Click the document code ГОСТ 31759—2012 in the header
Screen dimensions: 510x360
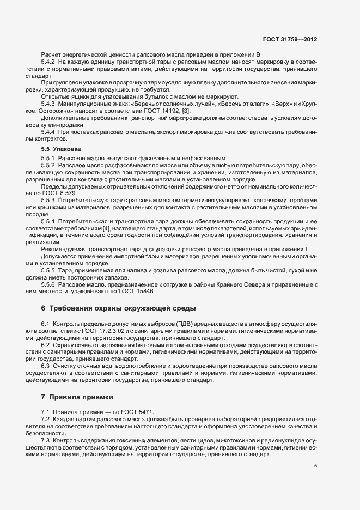tap(290, 40)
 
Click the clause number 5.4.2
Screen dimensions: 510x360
tap(50, 63)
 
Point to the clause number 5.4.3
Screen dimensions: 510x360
tap(50, 104)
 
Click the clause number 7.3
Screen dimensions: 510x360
tap(46, 439)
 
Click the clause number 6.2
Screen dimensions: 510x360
tap(46, 345)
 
